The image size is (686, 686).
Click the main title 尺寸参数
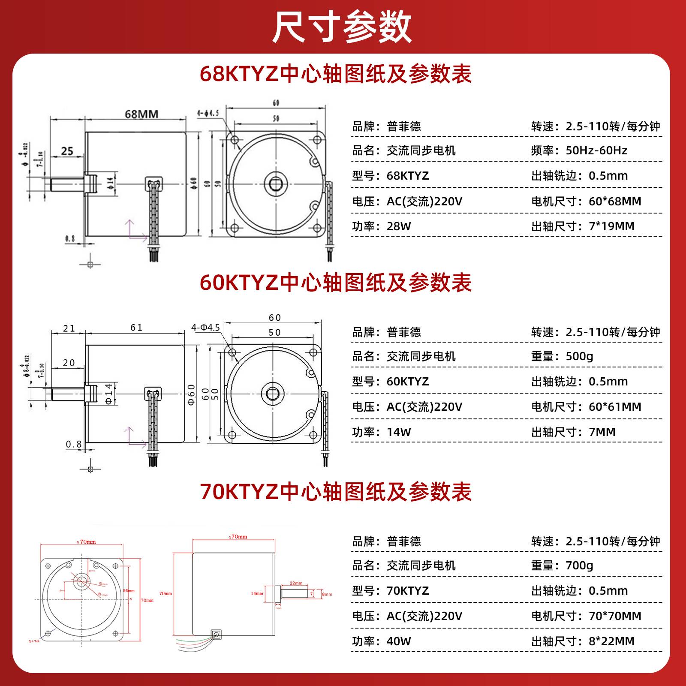tap(342, 27)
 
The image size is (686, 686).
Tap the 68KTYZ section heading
tap(336, 74)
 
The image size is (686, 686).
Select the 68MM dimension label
tap(141, 114)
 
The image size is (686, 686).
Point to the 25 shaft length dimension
tap(67, 151)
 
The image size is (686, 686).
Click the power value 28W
tap(399, 226)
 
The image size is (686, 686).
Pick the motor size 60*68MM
tap(615, 201)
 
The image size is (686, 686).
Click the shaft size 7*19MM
tap(611, 226)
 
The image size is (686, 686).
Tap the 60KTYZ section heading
tap(336, 283)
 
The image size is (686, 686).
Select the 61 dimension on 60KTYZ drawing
tap(136, 328)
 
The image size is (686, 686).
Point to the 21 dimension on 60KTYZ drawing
tap(69, 328)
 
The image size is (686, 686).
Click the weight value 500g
tap(579, 356)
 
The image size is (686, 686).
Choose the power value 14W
tap(399, 432)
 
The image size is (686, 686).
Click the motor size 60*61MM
tap(615, 407)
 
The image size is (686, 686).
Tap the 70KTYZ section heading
tap(336, 492)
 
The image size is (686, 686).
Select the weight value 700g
tap(579, 566)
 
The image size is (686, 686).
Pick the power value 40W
tap(399, 641)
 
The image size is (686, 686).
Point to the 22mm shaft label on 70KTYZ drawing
tap(296, 583)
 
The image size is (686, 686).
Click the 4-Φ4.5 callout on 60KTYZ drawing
tap(205, 328)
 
